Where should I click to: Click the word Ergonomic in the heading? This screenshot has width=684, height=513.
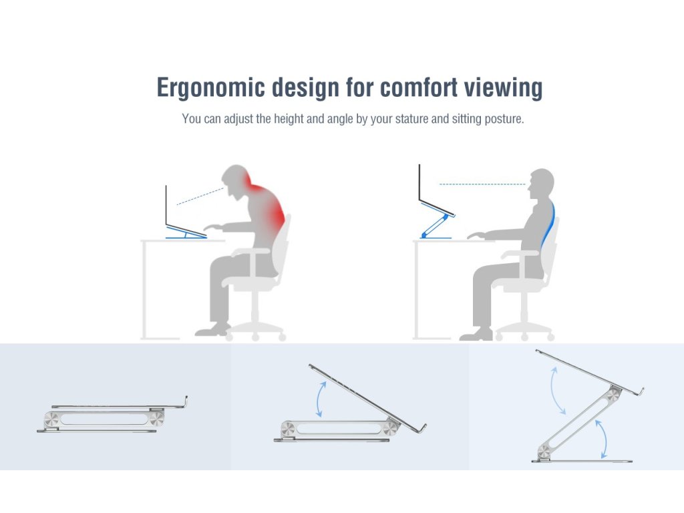coord(210,88)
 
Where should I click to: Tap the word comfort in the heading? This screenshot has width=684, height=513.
coord(419,88)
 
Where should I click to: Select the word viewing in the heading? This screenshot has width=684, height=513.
coord(503,88)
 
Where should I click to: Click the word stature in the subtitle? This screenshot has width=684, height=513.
coord(411,119)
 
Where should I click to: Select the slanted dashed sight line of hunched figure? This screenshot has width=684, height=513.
coord(200,196)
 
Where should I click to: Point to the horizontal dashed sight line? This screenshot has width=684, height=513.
coord(482,184)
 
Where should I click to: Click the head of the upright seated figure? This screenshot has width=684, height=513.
coord(540,182)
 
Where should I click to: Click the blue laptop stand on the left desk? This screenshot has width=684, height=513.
coord(186,233)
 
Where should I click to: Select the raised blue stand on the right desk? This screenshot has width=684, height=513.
coord(436,221)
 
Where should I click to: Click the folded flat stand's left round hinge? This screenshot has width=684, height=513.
coord(51,419)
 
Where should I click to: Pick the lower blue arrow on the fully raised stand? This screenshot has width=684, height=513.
coord(603,438)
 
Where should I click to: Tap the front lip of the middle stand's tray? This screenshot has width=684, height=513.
coord(421,429)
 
